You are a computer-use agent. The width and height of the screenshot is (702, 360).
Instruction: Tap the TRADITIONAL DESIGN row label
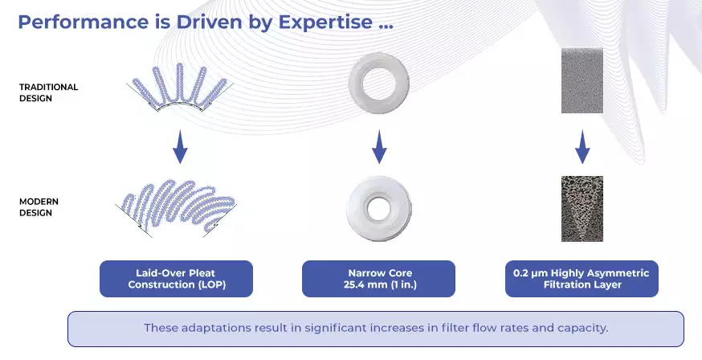click(x=48, y=92)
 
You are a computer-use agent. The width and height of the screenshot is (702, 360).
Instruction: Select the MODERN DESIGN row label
click(x=39, y=207)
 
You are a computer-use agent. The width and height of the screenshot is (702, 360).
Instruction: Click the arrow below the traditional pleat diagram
click(x=180, y=147)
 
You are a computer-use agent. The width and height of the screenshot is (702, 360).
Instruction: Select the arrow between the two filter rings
click(x=379, y=147)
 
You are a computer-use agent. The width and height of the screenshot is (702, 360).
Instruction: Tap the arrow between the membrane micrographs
click(x=582, y=147)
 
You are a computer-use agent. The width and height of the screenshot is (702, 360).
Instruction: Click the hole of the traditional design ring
click(x=379, y=84)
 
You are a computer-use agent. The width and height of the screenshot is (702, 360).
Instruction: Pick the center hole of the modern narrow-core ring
click(x=379, y=208)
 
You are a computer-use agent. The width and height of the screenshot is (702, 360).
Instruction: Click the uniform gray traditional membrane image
click(x=582, y=80)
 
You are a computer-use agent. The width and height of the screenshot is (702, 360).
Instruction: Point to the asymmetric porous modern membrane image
click(x=582, y=209)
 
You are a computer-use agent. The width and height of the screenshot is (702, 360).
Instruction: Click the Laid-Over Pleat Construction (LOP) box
click(x=177, y=279)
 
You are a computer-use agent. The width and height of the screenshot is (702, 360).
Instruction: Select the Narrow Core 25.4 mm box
click(x=379, y=279)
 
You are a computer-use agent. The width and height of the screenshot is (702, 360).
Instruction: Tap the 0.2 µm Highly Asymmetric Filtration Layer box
click(x=582, y=279)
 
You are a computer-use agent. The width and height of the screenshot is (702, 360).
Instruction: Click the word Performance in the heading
click(x=84, y=22)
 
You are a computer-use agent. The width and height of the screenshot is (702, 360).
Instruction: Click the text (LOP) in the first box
click(x=210, y=284)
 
